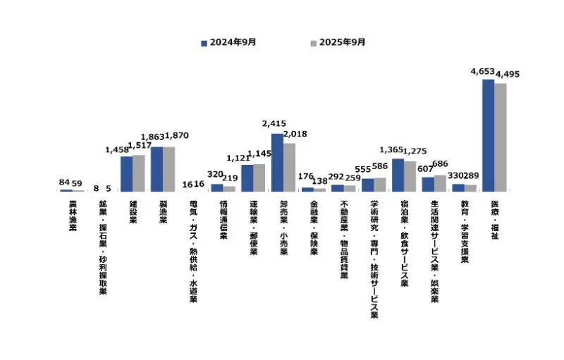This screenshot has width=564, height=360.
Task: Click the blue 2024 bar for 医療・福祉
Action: pyautogui.click(x=488, y=135)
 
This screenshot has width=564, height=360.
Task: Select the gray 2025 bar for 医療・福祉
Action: pyautogui.click(x=501, y=137)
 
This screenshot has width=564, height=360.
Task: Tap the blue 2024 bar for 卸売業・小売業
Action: pyautogui.click(x=277, y=163)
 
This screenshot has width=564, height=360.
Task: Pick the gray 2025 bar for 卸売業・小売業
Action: pyautogui.click(x=289, y=168)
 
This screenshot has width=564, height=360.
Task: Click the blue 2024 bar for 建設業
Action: pyautogui.click(x=126, y=174)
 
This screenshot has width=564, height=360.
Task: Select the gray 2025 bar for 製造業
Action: pyautogui.click(x=168, y=169)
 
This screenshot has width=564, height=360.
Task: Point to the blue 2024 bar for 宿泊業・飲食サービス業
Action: pyautogui.click(x=398, y=175)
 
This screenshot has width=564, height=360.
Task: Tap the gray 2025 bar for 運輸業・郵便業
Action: pyautogui.click(x=259, y=178)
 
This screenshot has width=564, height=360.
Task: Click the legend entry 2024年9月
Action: pyautogui.click(x=229, y=42)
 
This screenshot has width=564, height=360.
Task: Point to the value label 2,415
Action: pyautogui.click(x=274, y=125)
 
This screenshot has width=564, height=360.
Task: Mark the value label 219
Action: pyautogui.click(x=230, y=179)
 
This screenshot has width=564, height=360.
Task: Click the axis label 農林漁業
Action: pyautogui.click(x=73, y=216)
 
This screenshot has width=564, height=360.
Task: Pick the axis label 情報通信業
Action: pyautogui.click(x=223, y=220)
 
